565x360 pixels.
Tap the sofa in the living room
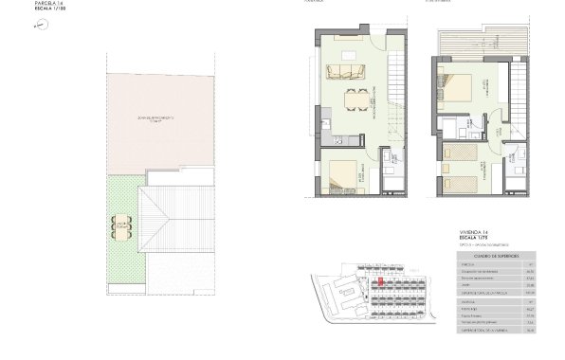coord(349,71)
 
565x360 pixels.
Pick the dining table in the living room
coord(356,100)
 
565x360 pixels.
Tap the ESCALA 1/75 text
coord(472,239)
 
